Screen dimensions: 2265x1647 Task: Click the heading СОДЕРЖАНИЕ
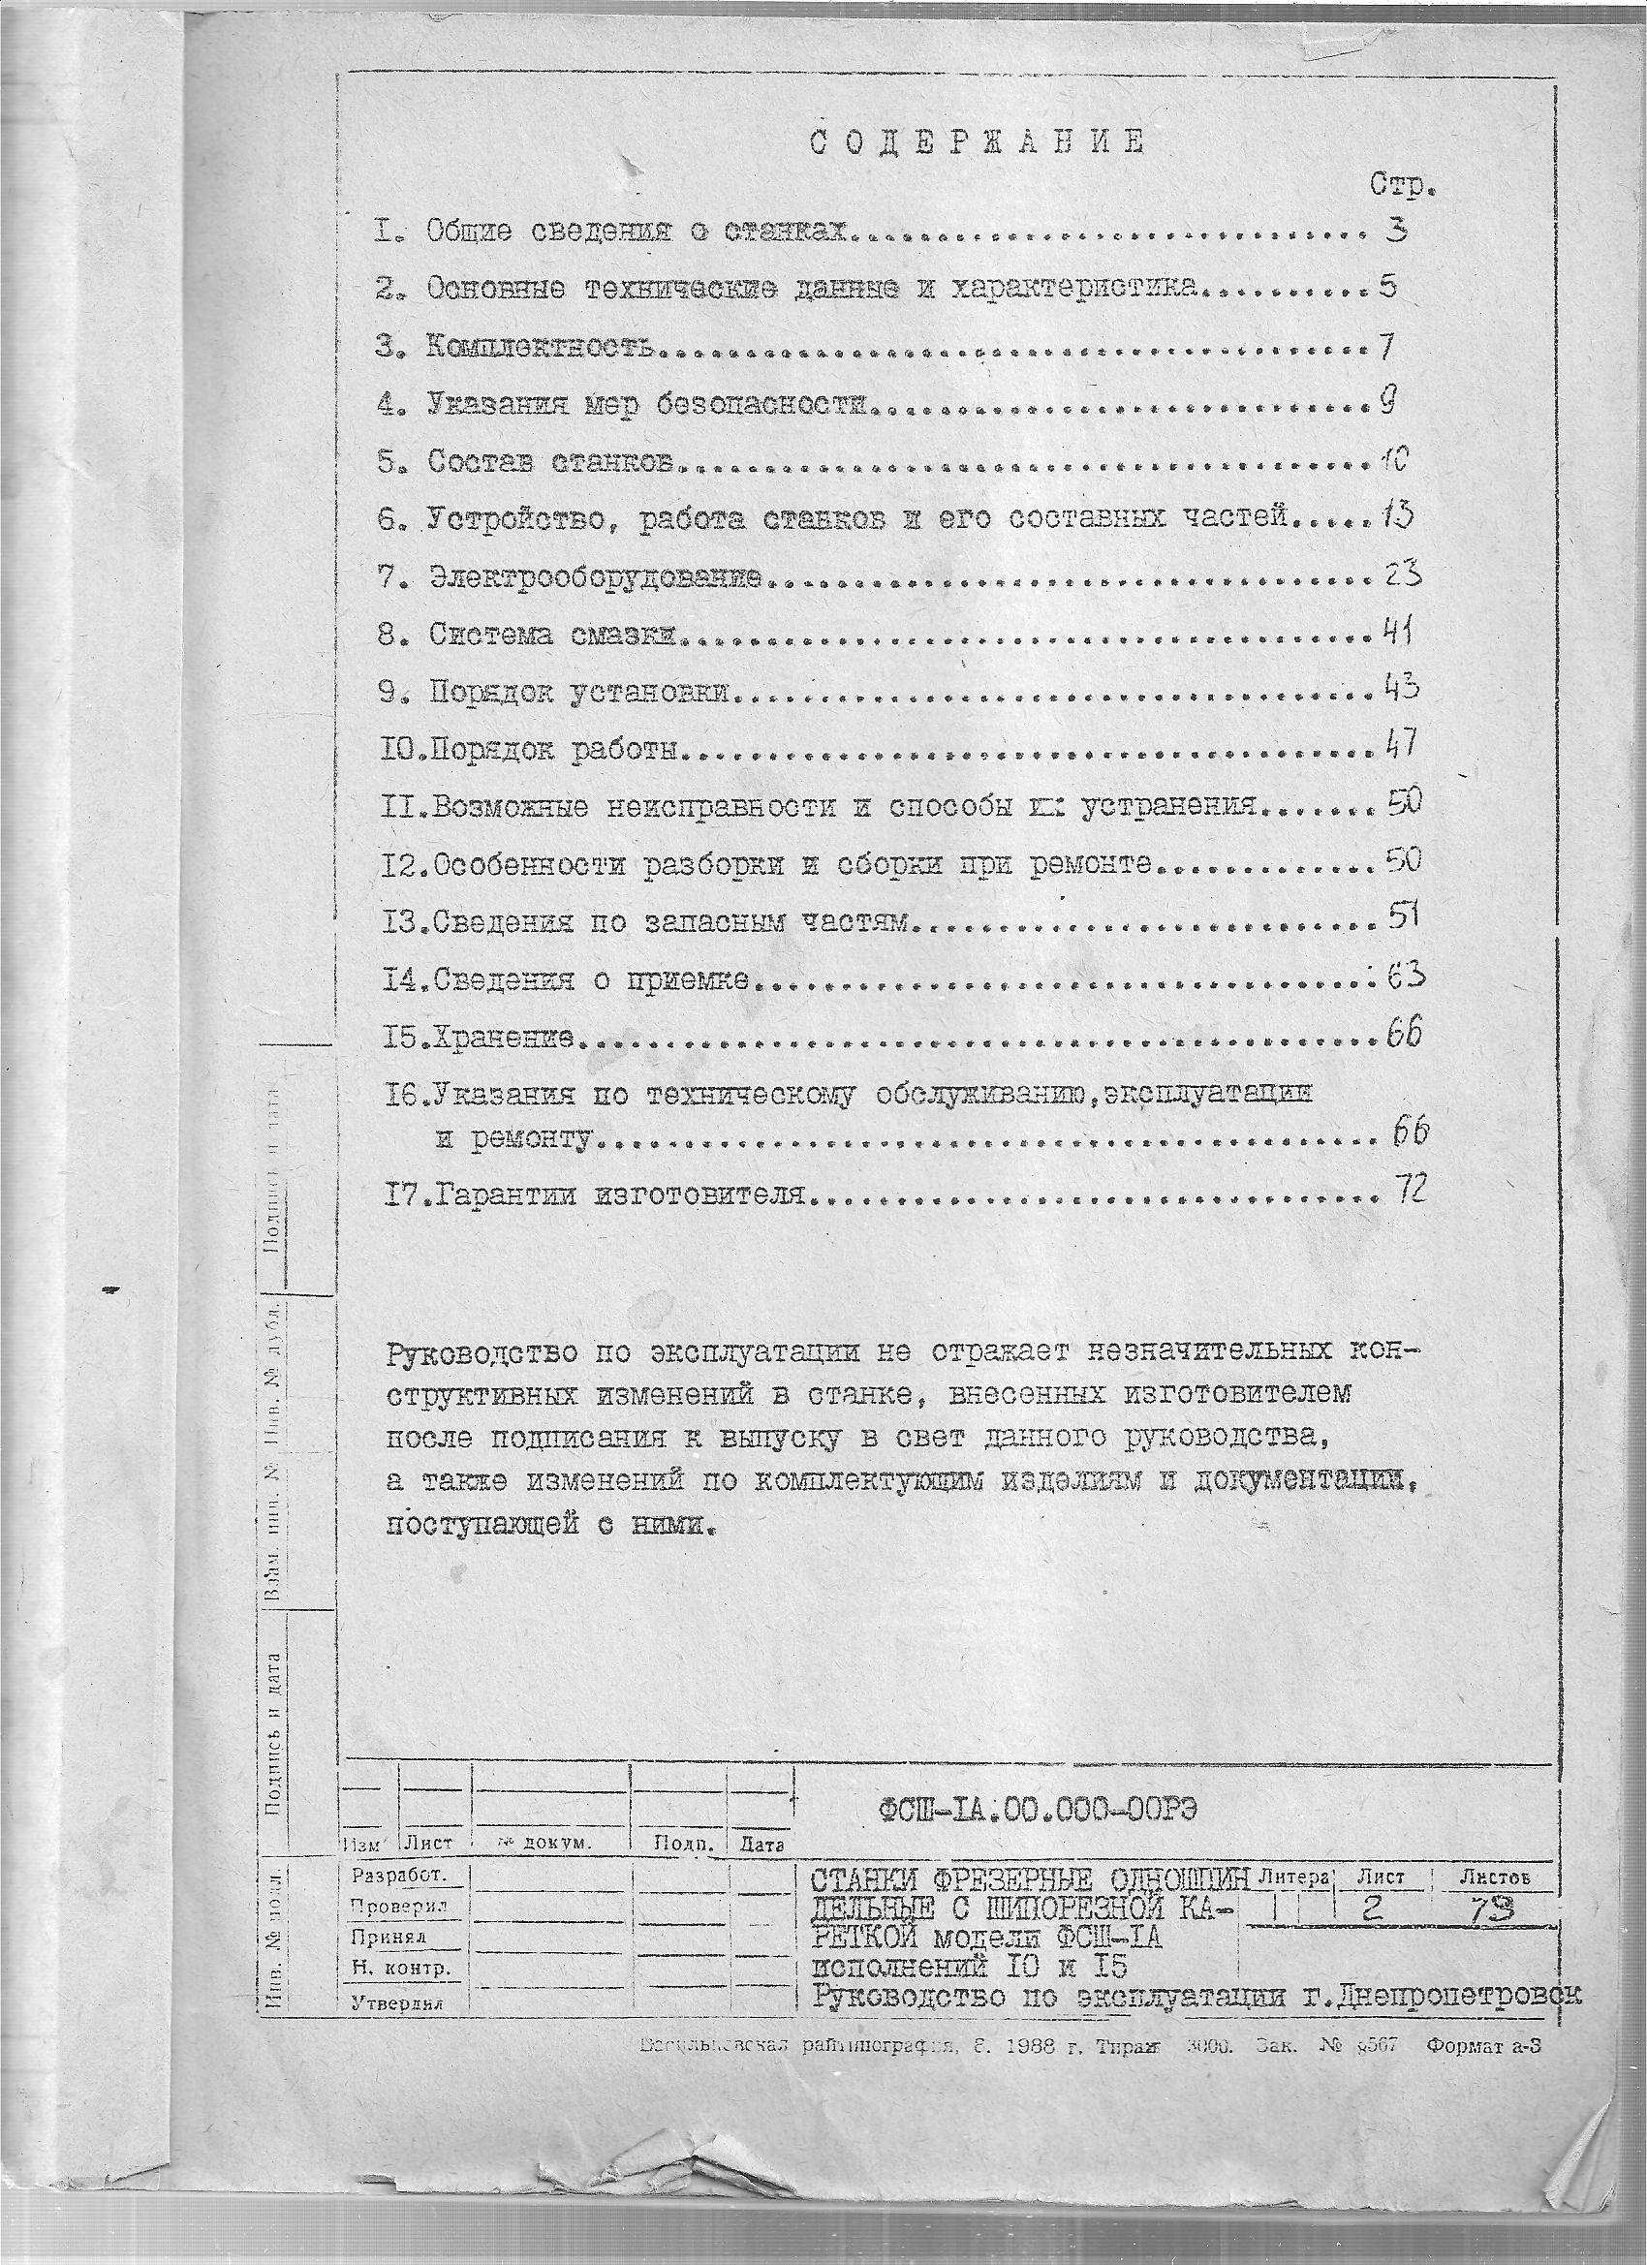click(x=976, y=142)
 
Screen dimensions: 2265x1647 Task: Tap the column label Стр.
click(x=1402, y=186)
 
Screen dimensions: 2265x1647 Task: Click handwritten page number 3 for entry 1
click(x=1397, y=231)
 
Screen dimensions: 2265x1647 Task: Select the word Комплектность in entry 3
click(x=541, y=347)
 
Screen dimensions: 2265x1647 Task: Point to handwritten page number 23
click(x=1402, y=574)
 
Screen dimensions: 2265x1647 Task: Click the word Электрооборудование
click(x=597, y=578)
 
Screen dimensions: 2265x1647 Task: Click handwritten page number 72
click(x=1411, y=1189)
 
